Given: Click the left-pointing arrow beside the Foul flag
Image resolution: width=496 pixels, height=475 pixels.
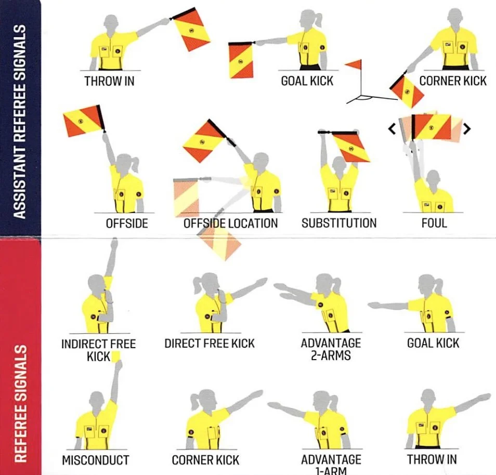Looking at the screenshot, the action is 393,128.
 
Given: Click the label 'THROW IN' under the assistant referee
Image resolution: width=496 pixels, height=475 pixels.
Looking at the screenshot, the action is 109,82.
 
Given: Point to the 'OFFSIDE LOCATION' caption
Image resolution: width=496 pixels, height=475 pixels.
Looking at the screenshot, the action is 230,223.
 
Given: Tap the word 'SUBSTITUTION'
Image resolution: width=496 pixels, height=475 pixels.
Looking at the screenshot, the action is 339,223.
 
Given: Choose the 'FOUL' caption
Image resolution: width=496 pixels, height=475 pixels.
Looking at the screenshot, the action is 434,223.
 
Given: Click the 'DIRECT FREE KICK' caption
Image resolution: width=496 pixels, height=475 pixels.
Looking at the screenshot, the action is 210,344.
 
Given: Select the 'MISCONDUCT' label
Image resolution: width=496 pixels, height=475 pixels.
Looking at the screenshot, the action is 95,460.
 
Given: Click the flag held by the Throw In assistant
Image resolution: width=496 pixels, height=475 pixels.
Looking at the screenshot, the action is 191,29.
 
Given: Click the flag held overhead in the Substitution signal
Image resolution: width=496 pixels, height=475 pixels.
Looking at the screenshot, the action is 351,147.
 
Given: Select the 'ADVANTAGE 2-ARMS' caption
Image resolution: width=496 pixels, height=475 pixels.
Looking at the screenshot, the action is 331,349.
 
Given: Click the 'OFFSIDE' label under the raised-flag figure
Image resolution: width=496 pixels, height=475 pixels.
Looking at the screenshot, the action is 127,223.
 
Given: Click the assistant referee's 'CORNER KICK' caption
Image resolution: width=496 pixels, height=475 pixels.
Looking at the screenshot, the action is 453,81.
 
